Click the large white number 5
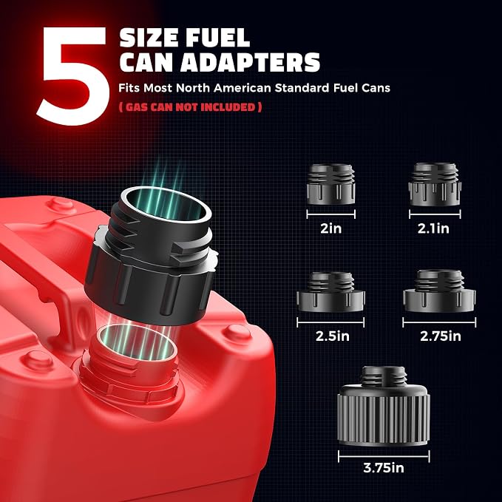coord(74,75)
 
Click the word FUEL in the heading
coord(217,38)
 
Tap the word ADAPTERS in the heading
coord(251,62)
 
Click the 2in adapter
coord(331,184)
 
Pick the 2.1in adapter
coord(435,184)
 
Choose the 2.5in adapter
coord(330,291)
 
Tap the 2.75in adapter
coord(439,291)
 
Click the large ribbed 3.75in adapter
coord(384,406)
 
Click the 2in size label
coord(331,228)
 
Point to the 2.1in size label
coord(433,228)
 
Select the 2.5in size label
coord(332,336)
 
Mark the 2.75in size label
coord(441,336)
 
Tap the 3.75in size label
coord(384,468)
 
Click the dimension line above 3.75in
coord(384,456)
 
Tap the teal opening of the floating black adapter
coord(168,205)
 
